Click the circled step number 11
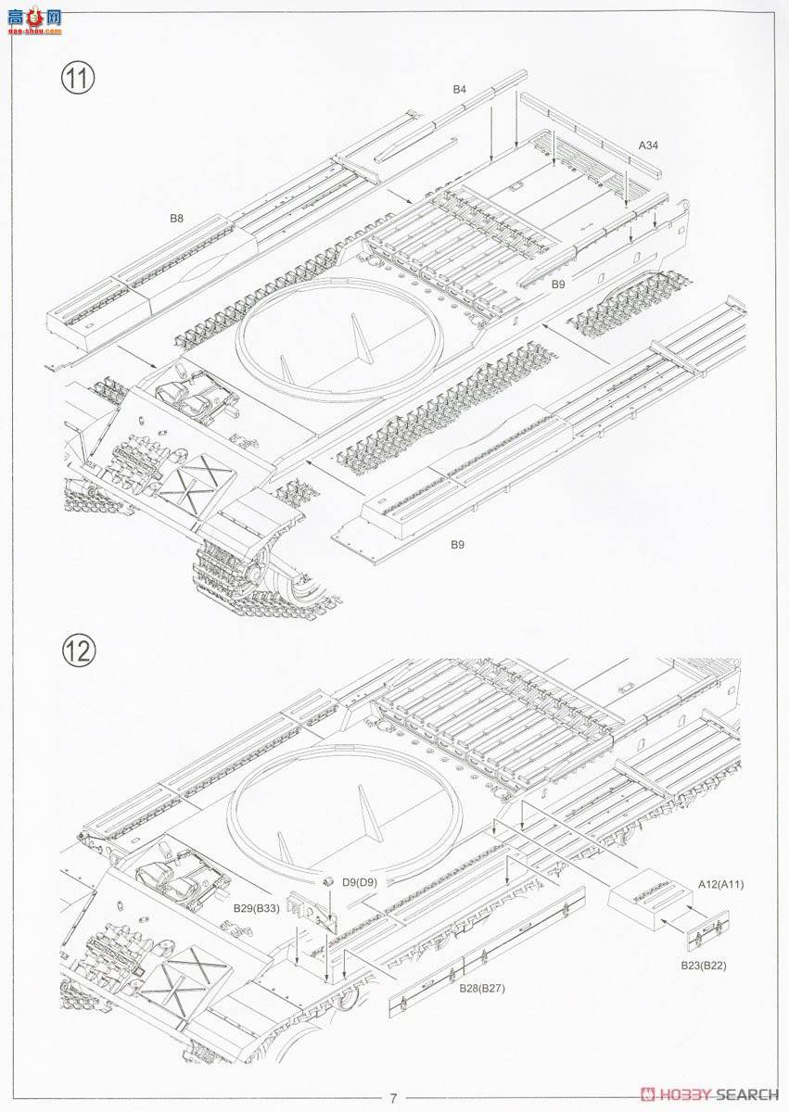tap(79, 78)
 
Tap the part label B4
tap(460, 89)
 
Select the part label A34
tap(649, 145)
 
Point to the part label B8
tap(176, 219)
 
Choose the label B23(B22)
tap(705, 965)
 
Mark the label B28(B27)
tap(481, 987)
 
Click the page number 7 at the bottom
tap(393, 1098)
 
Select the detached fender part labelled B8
tap(148, 278)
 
